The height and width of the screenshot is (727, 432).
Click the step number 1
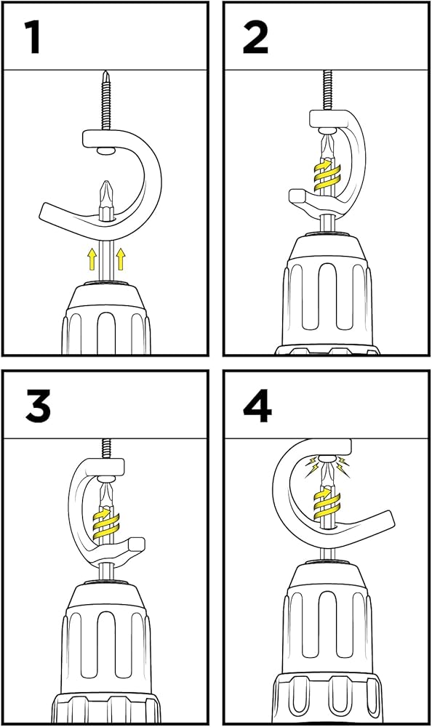point(33,38)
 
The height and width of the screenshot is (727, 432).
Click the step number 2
point(255,38)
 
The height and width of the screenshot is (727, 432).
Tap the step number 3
point(38,406)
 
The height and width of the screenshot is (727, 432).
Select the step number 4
point(257,406)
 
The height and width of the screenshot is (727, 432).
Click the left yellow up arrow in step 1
point(92,259)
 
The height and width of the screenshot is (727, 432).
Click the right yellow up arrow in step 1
point(121,259)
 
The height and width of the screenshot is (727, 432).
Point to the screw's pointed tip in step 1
point(106,72)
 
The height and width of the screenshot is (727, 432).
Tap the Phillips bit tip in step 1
point(106,184)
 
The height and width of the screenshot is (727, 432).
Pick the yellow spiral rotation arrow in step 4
point(327,502)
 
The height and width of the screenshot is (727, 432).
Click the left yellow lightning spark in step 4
point(312,466)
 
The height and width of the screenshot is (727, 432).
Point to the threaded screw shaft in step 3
point(107,449)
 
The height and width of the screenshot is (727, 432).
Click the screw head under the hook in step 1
point(106,150)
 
